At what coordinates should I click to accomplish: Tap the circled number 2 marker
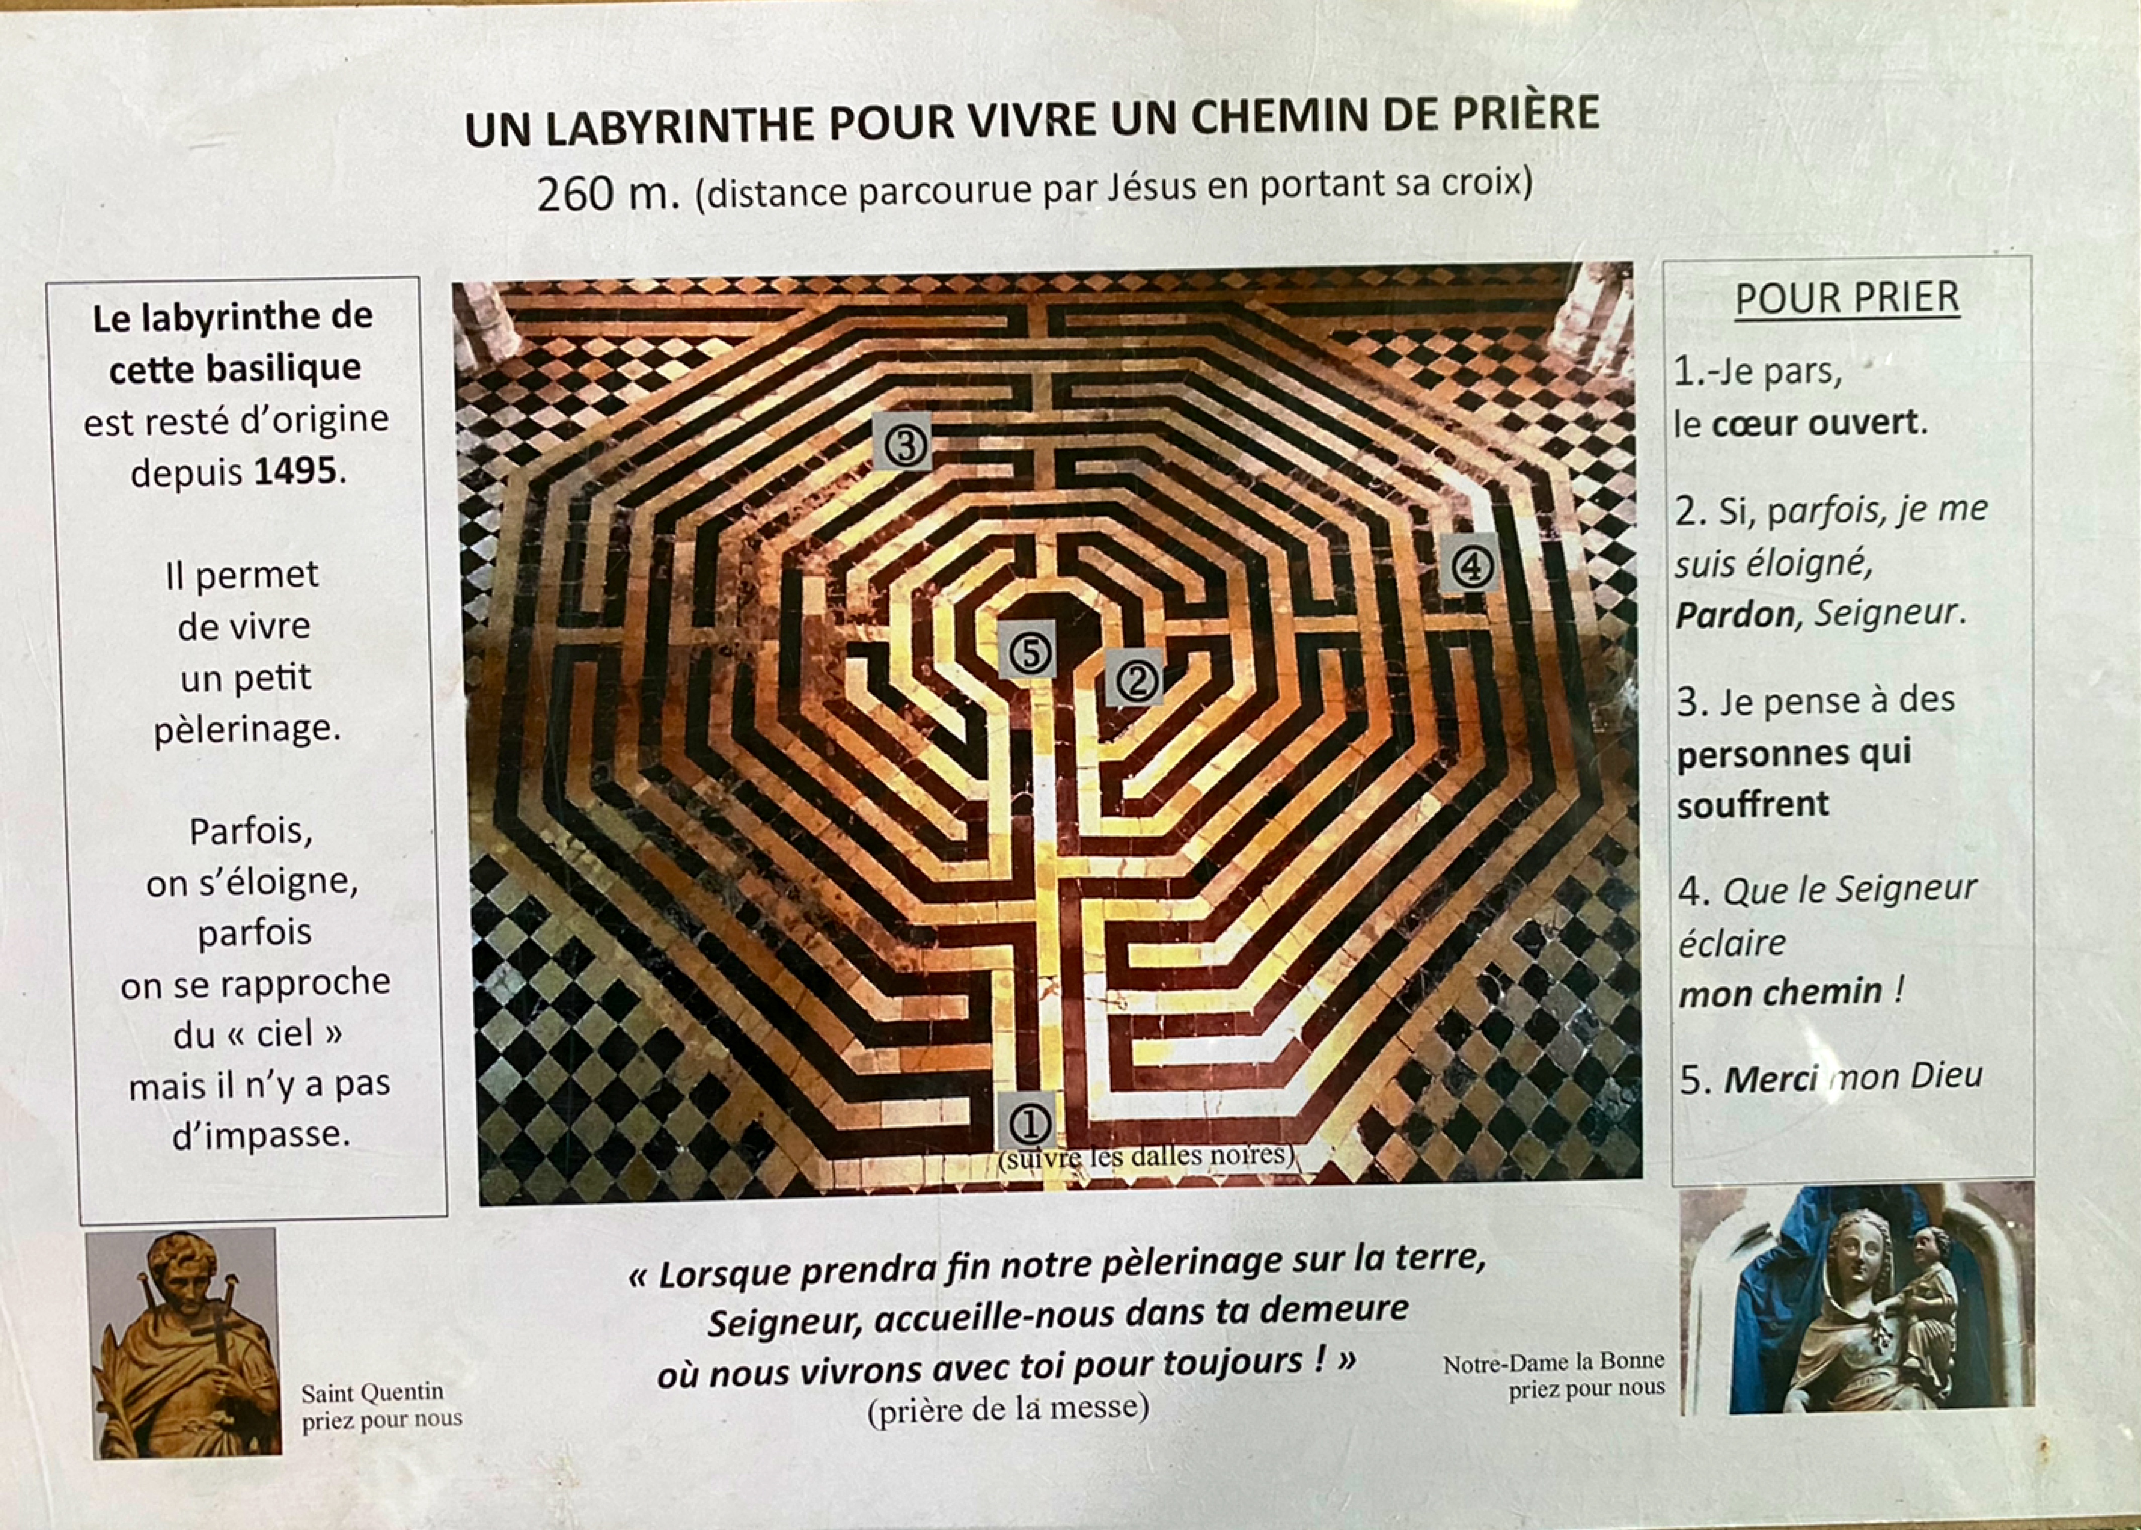pyautogui.click(x=1135, y=679)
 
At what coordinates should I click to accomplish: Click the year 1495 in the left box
pyautogui.click(x=295, y=470)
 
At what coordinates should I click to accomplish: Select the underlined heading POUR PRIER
pyautogui.click(x=1847, y=299)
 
